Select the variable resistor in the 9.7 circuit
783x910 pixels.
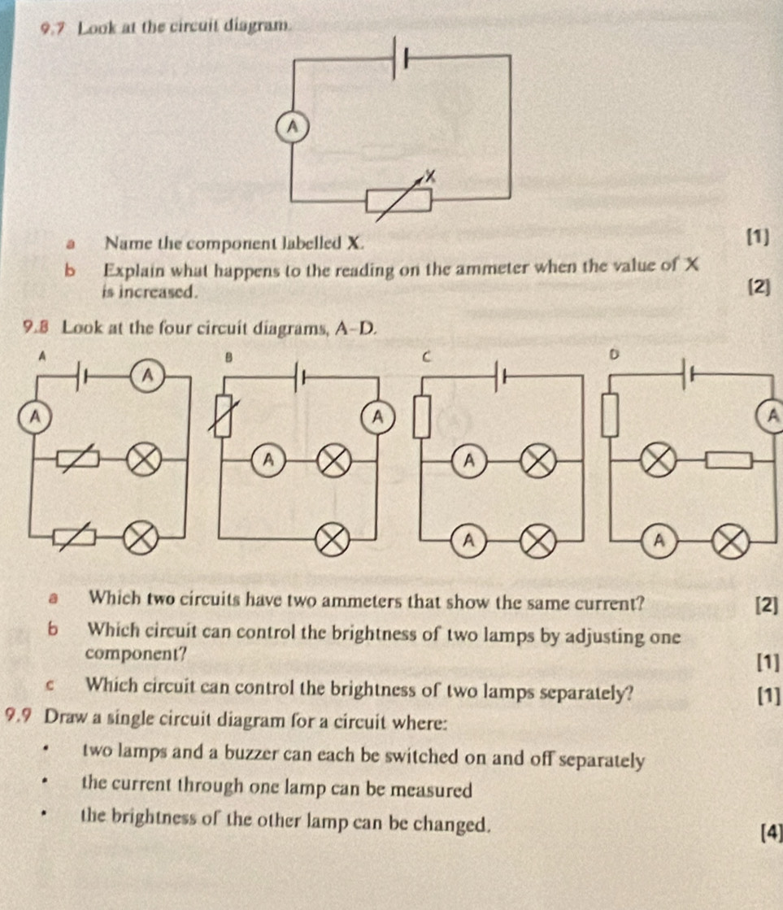coord(398,200)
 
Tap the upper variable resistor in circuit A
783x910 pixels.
coord(79,460)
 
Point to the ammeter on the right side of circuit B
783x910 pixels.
coord(376,417)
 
